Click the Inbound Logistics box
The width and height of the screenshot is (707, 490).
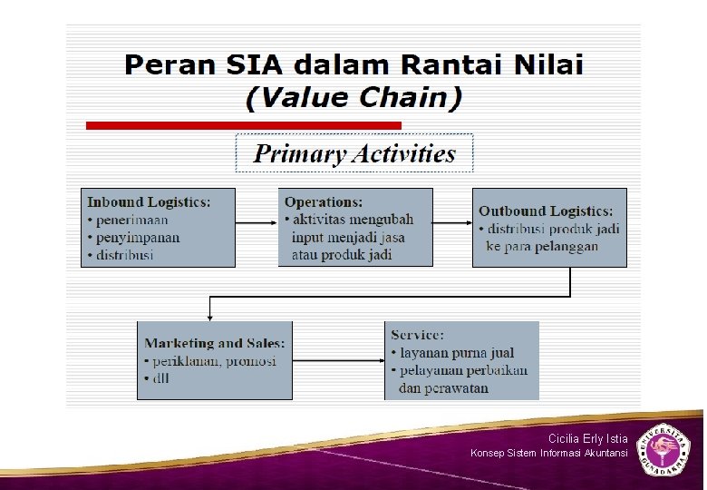[x=159, y=227]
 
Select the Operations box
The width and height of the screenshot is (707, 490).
[x=354, y=227]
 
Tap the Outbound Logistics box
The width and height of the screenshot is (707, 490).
[x=549, y=227]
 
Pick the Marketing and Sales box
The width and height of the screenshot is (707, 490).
[x=215, y=360]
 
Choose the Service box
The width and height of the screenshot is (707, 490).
[x=461, y=360]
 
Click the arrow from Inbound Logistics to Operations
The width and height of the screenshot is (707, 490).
[x=257, y=221]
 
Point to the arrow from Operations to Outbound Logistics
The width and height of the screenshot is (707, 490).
[x=452, y=221]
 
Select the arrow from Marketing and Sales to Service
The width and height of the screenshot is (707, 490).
[x=339, y=360]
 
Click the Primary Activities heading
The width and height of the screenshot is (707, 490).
[x=354, y=153]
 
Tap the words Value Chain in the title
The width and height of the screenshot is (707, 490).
[x=354, y=96]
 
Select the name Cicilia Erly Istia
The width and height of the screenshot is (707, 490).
[x=587, y=438]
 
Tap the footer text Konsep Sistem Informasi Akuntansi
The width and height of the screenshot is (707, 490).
[x=548, y=453]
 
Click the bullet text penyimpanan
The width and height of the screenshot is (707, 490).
[x=138, y=238]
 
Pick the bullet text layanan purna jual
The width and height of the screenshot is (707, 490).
[x=456, y=353]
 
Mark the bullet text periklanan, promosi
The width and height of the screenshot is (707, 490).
[x=214, y=361]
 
